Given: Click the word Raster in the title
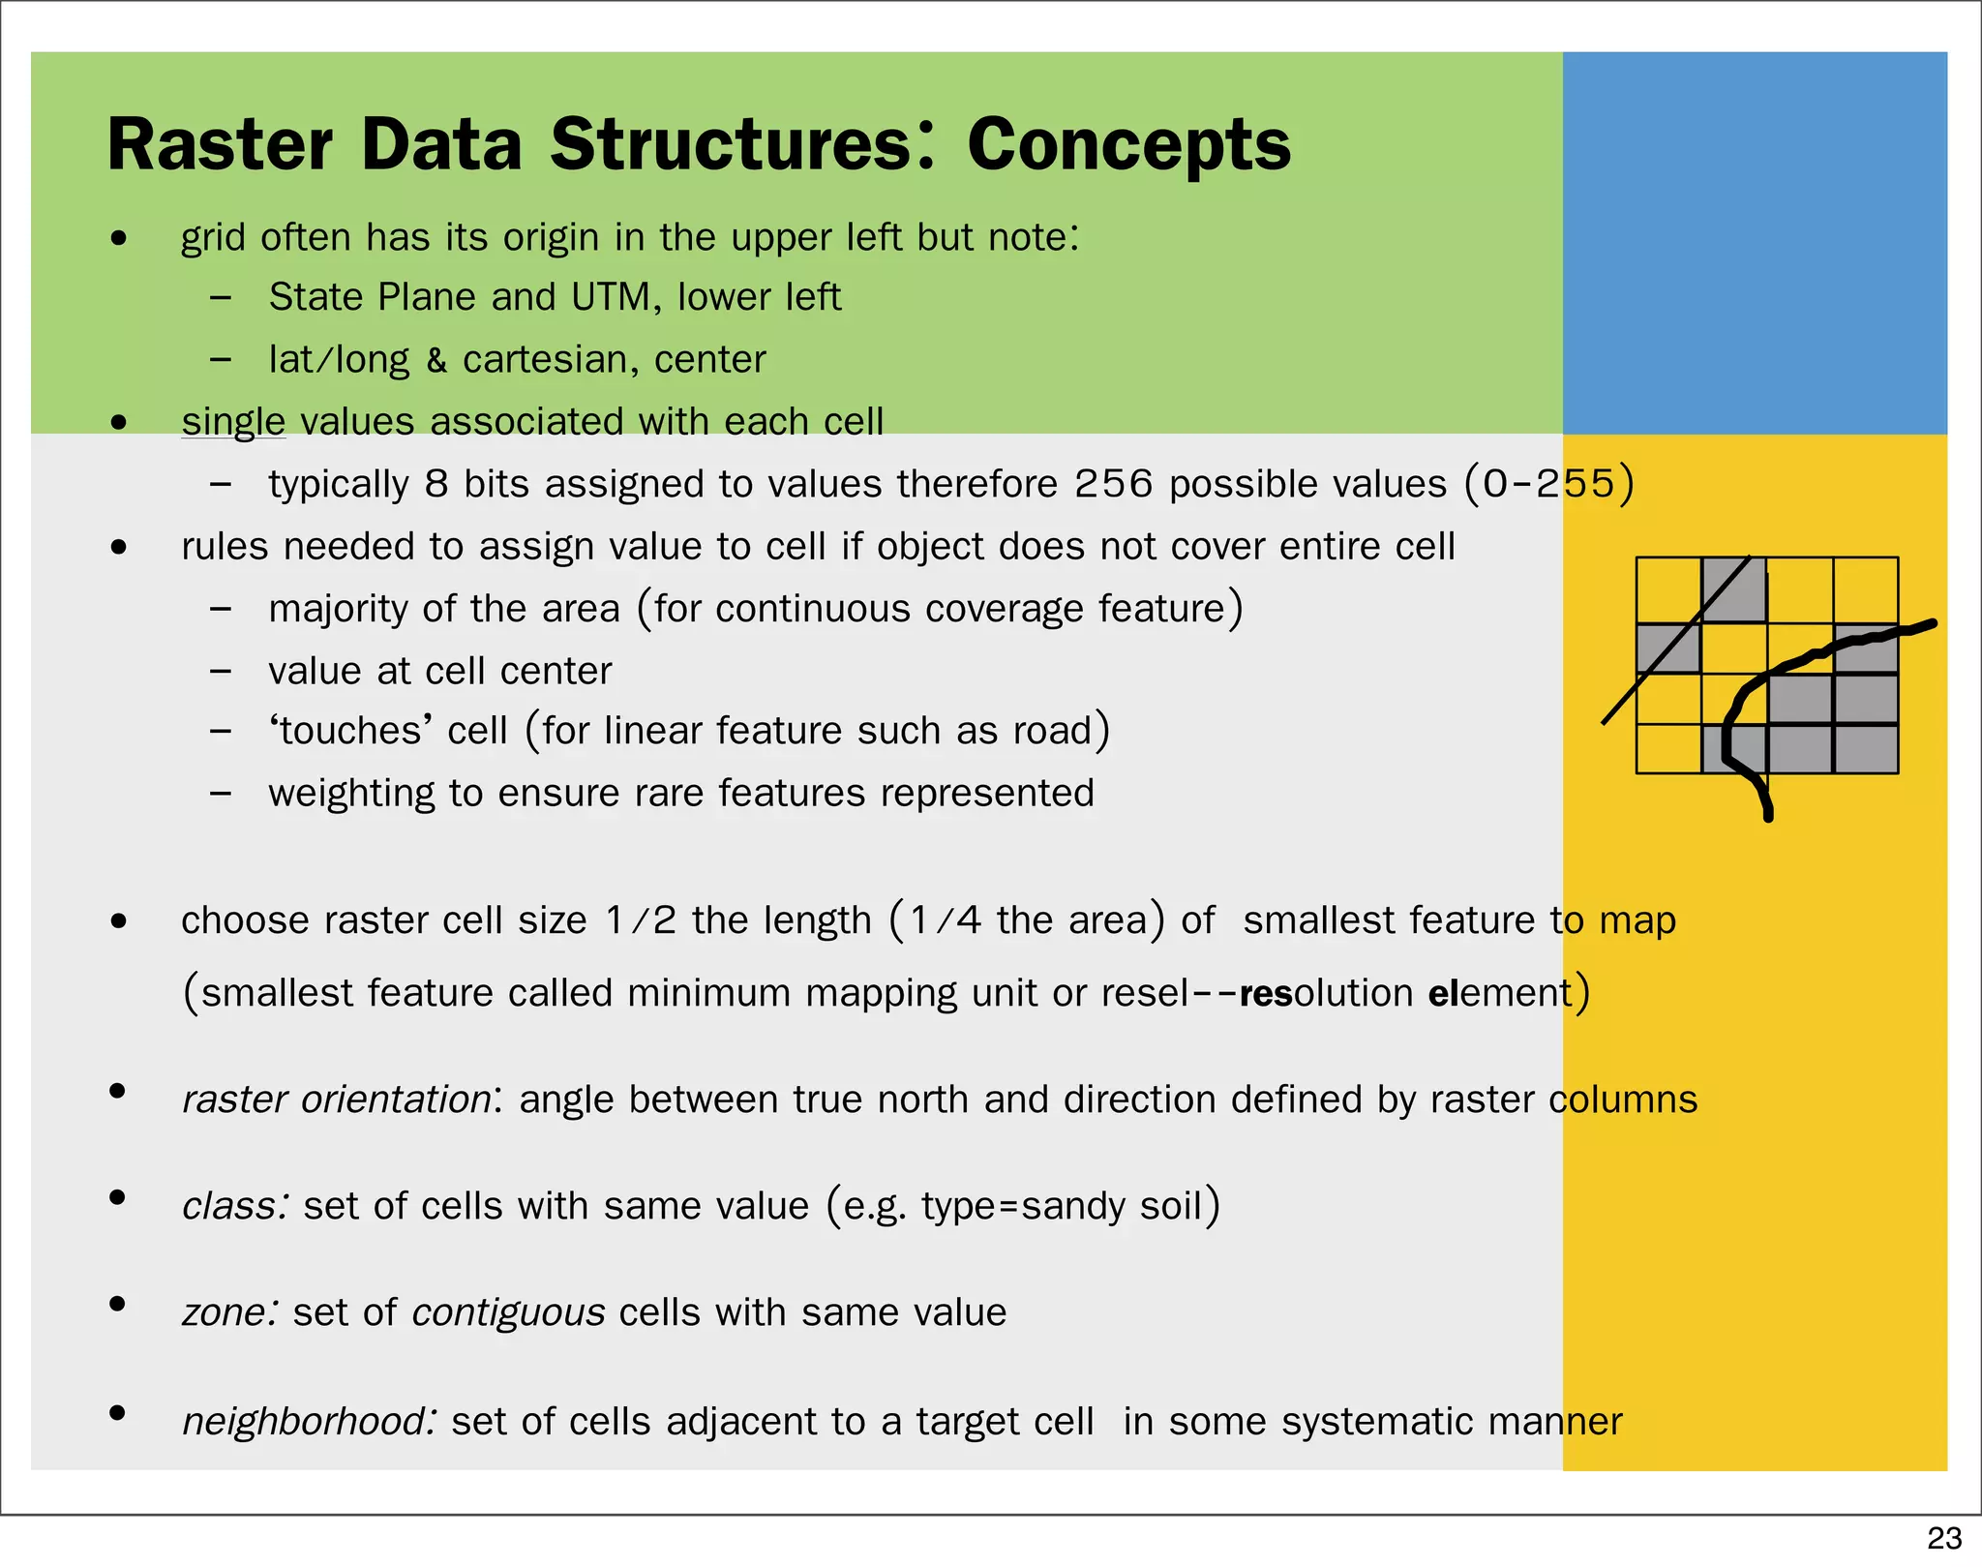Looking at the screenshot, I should click(x=220, y=145).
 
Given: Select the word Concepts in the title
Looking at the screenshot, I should click(x=1128, y=145).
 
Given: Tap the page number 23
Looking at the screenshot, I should click(x=1943, y=1538).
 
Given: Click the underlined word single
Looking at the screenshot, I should click(x=233, y=422).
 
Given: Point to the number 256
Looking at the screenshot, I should click(x=1113, y=484).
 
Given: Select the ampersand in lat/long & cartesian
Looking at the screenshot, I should click(x=436, y=361).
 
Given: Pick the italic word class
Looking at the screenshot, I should click(x=233, y=1207).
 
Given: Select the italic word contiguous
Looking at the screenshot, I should click(x=508, y=1313).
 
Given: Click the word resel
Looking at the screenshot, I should click(x=1145, y=994).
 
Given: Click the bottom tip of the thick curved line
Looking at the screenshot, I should click(x=1768, y=817).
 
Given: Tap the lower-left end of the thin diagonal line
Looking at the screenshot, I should click(x=1605, y=722).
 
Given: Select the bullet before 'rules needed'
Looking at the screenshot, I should click(x=118, y=547).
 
